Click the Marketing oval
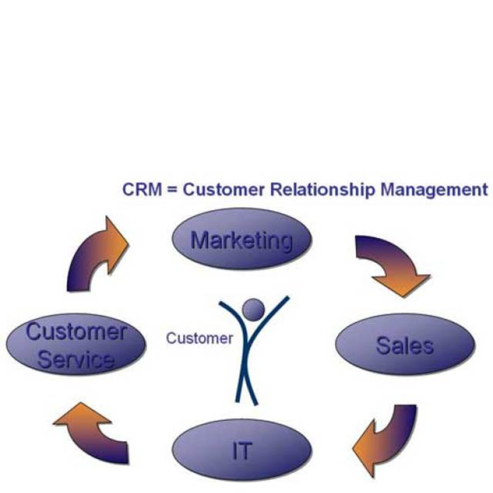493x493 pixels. tap(242, 239)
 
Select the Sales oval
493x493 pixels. tap(405, 344)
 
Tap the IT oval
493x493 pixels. tap(242, 450)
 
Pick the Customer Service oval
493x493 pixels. tap(76, 345)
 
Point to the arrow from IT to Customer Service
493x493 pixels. tap(94, 431)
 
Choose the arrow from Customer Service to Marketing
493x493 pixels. tap(96, 255)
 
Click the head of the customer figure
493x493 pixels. tap(253, 310)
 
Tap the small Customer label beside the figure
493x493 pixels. tap(199, 338)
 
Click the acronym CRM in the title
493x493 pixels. tap(142, 189)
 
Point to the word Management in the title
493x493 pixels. tap(434, 190)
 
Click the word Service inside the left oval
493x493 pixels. tap(76, 359)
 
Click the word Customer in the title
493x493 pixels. tap(224, 190)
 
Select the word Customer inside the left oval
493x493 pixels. tap(76, 332)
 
